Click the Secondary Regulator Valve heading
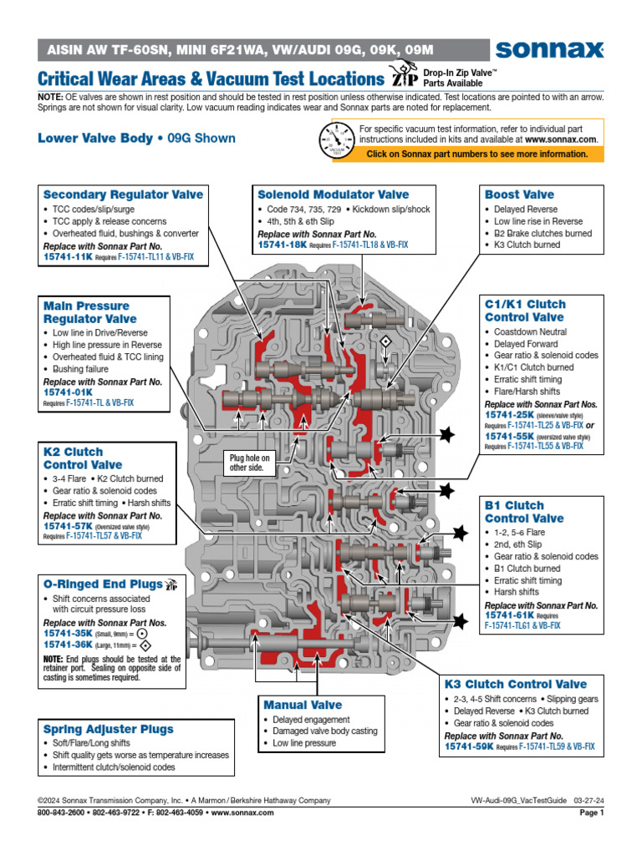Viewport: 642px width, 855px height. (123, 195)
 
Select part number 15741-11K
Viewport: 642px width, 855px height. (67, 257)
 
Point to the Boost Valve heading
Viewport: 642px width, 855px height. (519, 195)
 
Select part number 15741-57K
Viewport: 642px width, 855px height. (68, 526)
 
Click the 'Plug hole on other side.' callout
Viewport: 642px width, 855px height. (250, 463)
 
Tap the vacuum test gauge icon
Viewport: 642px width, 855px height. (336, 140)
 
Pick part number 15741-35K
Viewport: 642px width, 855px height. (68, 634)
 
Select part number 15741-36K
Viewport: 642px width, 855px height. (68, 645)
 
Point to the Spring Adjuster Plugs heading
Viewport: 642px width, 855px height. (109, 729)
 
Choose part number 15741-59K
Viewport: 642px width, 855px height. (469, 747)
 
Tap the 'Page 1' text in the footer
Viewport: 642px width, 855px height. (591, 812)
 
